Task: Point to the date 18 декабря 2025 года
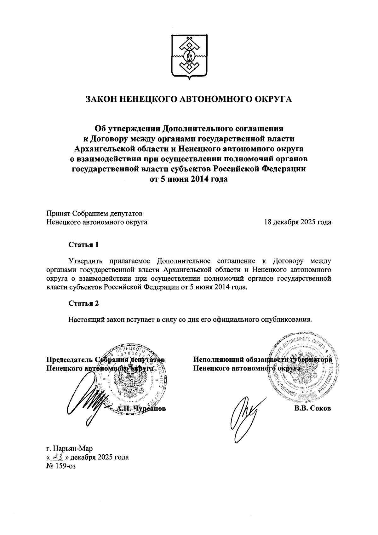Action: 298,222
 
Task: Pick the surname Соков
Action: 320,409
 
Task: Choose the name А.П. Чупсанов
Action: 141,409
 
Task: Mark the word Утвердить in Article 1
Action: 86,261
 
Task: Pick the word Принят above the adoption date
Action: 58,213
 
